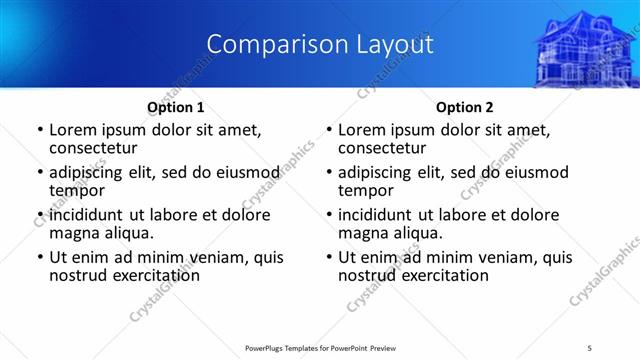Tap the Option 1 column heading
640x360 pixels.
(176, 107)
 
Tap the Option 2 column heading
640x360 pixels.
(464, 107)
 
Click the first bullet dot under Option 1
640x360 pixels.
(39, 130)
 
